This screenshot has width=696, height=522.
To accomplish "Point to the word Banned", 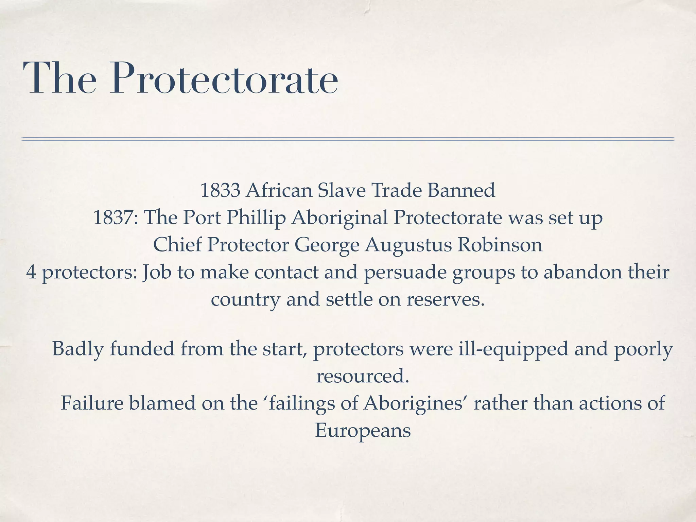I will (461, 190).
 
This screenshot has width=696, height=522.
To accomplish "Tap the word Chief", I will (177, 245).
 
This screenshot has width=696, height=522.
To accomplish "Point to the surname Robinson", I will (500, 245).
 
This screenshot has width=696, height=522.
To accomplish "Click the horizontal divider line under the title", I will (348, 139).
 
